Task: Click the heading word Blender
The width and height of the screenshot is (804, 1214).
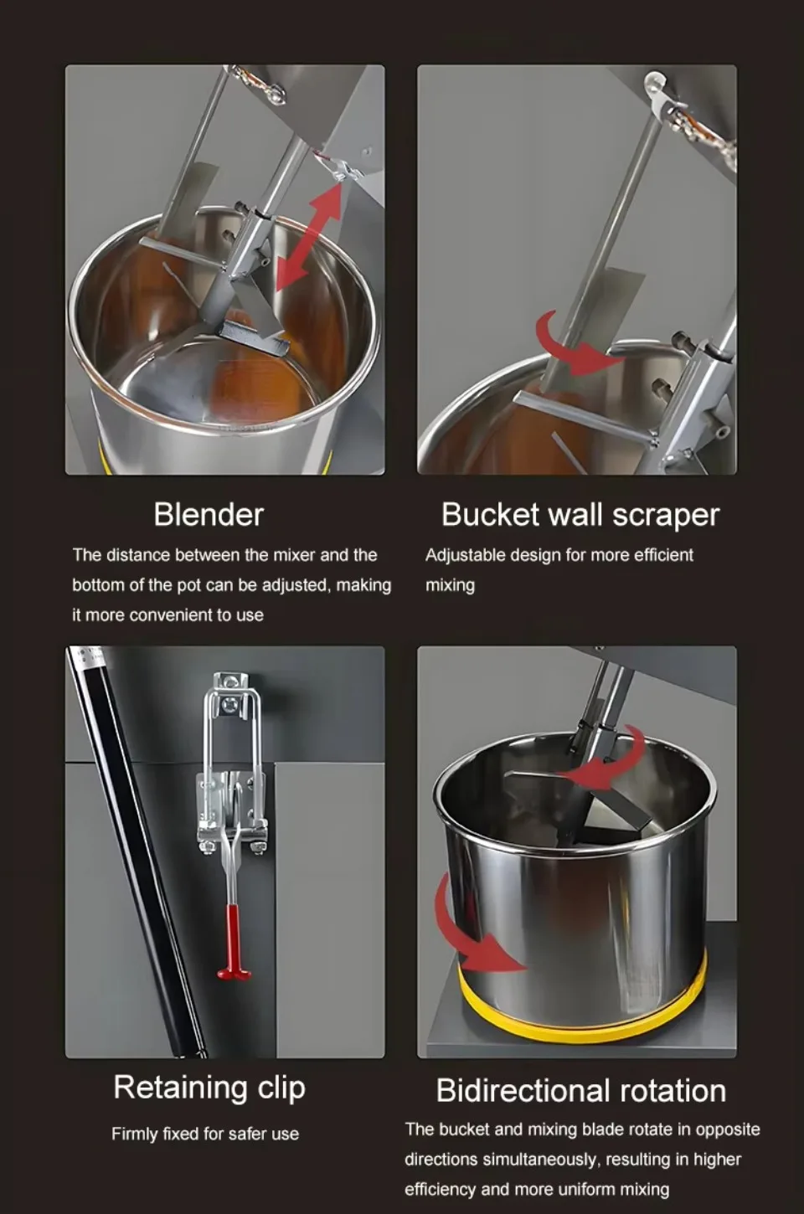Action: [x=209, y=514]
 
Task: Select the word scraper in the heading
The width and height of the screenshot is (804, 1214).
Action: [x=667, y=516]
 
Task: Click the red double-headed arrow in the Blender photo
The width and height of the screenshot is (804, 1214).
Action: [x=309, y=238]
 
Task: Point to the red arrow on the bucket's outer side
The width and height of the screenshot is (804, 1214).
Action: [x=471, y=930]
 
